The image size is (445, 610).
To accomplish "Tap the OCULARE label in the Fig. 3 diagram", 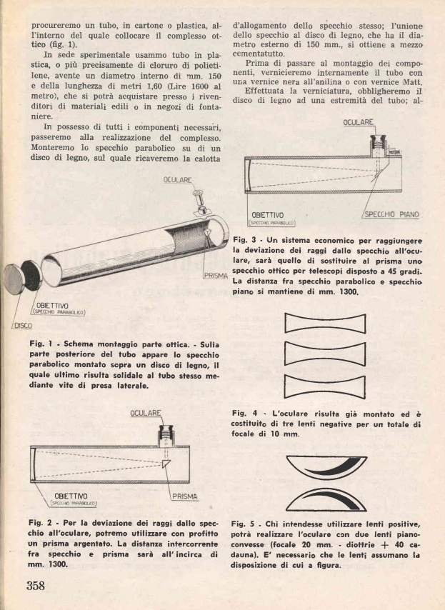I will pos(358,123).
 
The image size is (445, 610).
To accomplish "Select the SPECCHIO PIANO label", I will pos(391,214).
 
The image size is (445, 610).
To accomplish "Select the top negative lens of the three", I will pos(335,325).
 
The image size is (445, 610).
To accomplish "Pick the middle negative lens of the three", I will pos(335,354).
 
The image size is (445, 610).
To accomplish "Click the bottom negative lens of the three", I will pos(335,386).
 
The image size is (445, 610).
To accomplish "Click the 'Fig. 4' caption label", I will pos(246,413).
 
